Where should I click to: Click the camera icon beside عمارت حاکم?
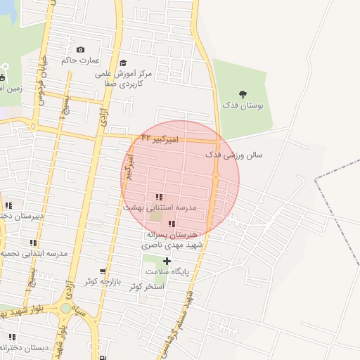[80, 49]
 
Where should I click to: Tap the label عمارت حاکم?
[79, 60]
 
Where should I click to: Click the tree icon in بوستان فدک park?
[243, 94]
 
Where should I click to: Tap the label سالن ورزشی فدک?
[233, 154]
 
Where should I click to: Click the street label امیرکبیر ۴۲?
[160, 139]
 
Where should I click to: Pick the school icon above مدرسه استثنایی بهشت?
[159, 198]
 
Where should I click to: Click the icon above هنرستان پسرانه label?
[172, 224]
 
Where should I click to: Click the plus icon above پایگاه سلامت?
[167, 261]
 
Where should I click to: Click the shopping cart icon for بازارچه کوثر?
[103, 271]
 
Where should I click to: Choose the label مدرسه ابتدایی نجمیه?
[34, 253]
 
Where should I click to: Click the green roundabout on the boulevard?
[65, 307]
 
